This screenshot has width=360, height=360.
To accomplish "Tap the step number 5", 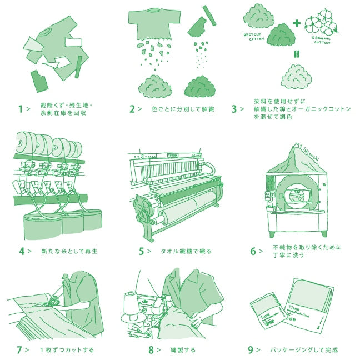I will point(142,251).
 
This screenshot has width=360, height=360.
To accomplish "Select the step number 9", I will point(251,350).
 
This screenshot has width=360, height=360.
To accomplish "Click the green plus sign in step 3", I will point(297,23).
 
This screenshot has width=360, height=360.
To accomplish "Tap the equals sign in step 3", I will point(297,55).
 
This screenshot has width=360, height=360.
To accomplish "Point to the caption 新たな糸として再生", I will point(69,251).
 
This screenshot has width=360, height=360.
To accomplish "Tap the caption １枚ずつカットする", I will point(67,350).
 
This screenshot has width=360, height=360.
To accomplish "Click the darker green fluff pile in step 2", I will point(199,87).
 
